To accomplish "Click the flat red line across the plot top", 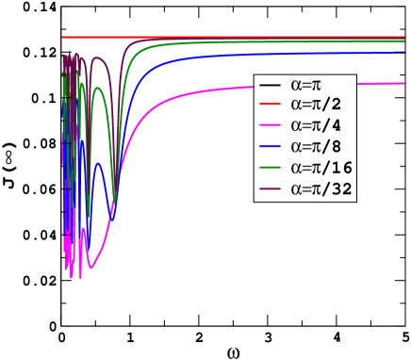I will (x=236, y=37).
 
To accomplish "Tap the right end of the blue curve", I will (x=403, y=54).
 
